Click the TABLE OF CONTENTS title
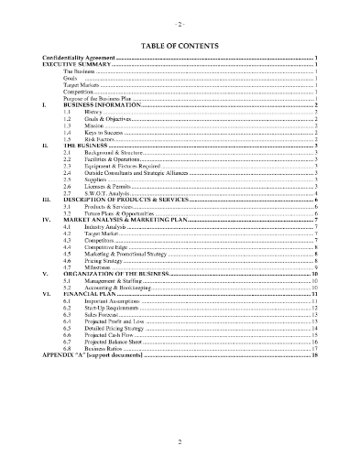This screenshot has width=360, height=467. [180, 43]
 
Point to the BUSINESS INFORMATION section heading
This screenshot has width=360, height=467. [101, 105]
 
